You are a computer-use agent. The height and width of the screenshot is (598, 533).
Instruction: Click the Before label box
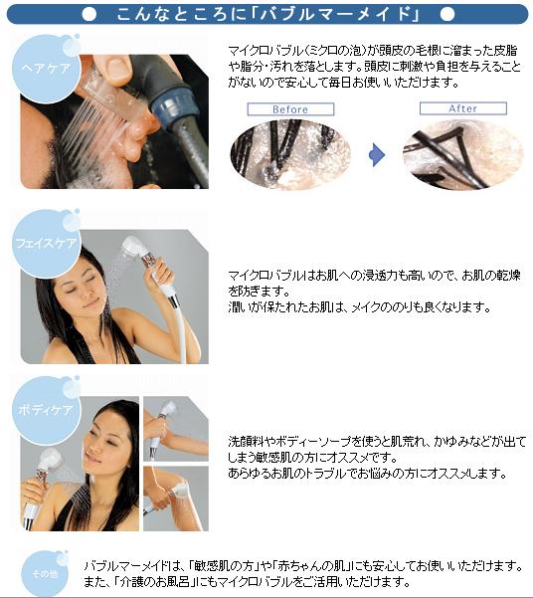[x=290, y=109]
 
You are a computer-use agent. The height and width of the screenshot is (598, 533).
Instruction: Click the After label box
[x=462, y=108]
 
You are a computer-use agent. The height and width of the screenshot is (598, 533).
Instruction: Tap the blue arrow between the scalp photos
[x=377, y=155]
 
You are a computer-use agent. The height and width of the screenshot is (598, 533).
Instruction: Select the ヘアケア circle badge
[x=47, y=69]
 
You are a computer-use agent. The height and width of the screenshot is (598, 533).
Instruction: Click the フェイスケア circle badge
[x=47, y=244]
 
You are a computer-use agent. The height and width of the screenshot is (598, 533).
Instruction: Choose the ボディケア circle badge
[x=47, y=410]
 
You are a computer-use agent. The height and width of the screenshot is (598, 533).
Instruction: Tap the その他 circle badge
[x=45, y=573]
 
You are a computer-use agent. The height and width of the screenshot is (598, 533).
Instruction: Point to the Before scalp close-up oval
[x=290, y=154]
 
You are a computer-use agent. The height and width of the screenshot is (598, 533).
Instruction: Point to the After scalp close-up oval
[x=462, y=154]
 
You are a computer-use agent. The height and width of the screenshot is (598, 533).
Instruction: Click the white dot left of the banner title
[x=89, y=15]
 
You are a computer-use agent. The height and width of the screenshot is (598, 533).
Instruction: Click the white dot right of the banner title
[x=447, y=15]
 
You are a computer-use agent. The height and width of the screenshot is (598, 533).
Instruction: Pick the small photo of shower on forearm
[x=176, y=429]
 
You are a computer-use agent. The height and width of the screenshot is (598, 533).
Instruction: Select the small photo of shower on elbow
[x=176, y=498]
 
